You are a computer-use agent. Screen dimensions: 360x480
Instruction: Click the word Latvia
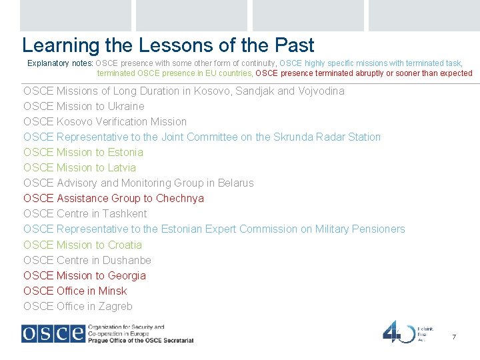tap(121, 167)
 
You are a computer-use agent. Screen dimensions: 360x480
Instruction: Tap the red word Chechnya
tap(180, 198)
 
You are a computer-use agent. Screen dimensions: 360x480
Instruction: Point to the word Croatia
tap(125, 245)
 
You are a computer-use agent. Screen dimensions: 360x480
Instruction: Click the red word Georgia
tap(127, 275)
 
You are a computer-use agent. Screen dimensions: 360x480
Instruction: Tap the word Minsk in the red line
tap(112, 291)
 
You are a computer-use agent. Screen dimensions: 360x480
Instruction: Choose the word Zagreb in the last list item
tap(115, 306)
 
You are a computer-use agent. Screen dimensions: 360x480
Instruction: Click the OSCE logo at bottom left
tap(53, 333)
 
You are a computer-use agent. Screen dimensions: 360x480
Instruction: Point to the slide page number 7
tap(454, 337)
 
